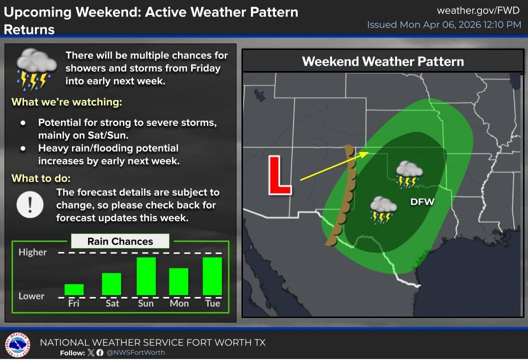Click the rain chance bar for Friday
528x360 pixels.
tap(74, 289)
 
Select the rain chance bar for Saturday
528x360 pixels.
tap(111, 284)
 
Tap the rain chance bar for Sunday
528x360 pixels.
tap(146, 276)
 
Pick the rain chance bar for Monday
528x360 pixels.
tap(178, 281)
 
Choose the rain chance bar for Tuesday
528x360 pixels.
tap(212, 276)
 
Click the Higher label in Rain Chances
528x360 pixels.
tap(32, 252)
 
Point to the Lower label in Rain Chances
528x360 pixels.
tap(31, 296)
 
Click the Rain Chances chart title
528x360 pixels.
tap(120, 241)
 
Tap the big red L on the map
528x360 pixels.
tap(279, 175)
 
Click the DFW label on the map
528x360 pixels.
tap(422, 202)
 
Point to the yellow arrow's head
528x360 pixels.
tap(366, 153)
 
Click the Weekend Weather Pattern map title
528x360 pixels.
tap(383, 61)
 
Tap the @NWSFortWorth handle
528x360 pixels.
tap(135, 352)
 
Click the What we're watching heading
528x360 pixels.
tap(67, 102)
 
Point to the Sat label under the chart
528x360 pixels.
tap(112, 303)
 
